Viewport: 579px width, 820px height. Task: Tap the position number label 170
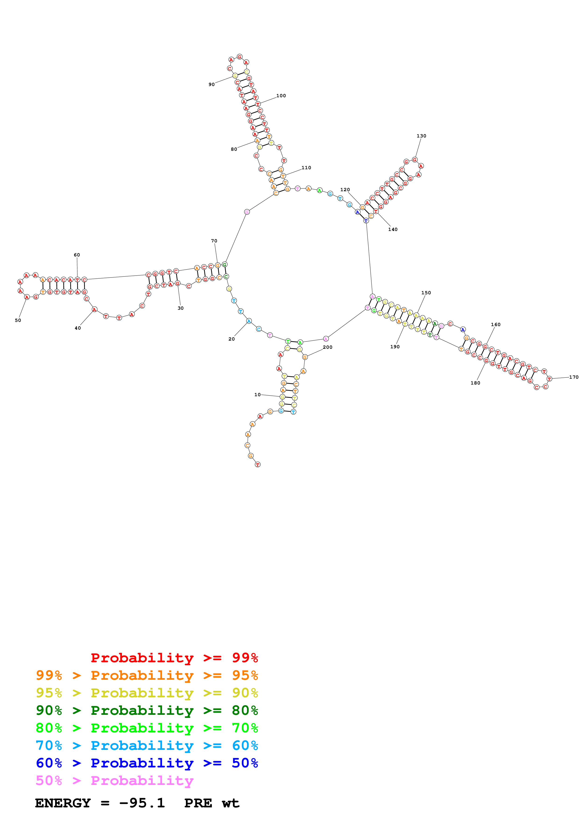(x=574, y=377)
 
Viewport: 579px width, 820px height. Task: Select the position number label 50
(x=18, y=320)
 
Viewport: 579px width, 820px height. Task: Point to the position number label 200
(x=327, y=347)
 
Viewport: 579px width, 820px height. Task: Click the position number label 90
(x=212, y=85)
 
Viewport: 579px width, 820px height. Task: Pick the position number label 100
(x=281, y=96)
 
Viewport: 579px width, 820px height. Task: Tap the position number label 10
(x=257, y=395)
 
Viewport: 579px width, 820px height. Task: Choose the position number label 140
(x=393, y=229)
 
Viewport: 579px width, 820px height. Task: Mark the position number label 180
(x=475, y=383)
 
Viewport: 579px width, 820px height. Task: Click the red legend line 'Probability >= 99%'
(x=174, y=658)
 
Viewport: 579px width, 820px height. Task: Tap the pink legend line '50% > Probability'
(x=114, y=780)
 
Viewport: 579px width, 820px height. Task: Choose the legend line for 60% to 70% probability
(x=147, y=745)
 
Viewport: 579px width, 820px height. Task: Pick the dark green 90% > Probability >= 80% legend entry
(x=147, y=710)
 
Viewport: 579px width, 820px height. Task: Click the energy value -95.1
(x=142, y=803)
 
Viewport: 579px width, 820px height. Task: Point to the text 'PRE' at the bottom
(x=198, y=803)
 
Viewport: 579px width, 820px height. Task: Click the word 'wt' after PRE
(x=231, y=803)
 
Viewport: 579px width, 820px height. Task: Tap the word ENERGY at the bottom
(x=63, y=803)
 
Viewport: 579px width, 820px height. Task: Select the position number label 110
(x=306, y=168)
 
